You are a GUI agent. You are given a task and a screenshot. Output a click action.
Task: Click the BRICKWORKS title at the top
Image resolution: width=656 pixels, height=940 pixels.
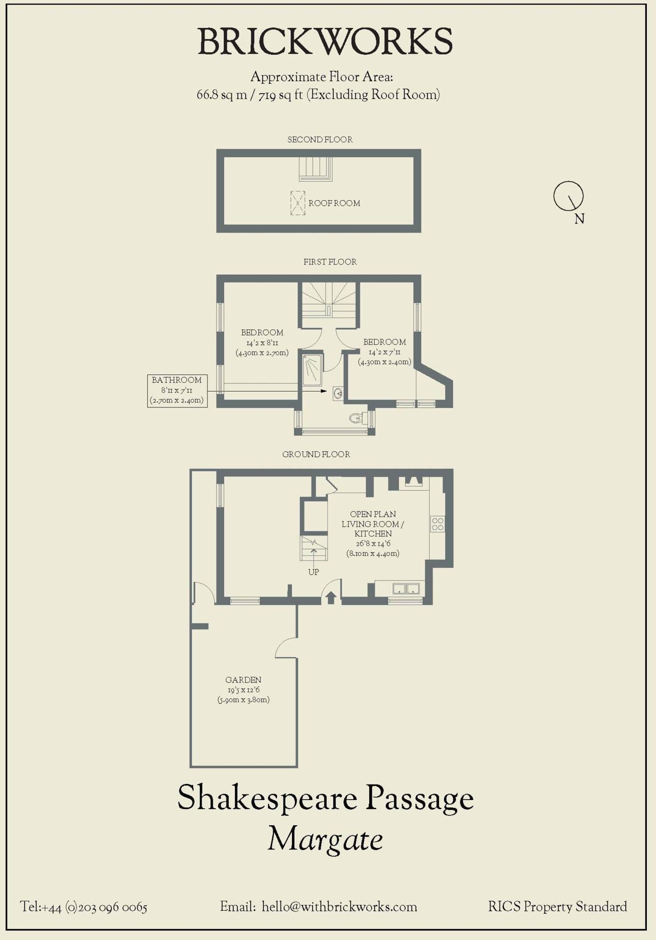(x=325, y=42)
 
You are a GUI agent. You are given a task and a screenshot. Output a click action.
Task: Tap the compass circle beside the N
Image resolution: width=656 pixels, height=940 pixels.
(x=568, y=196)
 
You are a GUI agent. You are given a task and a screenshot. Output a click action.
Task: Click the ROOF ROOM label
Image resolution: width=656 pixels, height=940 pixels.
(x=334, y=203)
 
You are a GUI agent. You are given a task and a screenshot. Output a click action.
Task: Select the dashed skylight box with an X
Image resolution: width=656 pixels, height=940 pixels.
(x=297, y=203)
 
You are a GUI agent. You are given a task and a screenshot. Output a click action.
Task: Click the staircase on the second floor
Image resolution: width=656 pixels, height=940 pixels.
(x=315, y=168)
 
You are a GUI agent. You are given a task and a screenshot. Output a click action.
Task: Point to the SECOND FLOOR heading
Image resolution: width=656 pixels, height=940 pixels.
(x=320, y=140)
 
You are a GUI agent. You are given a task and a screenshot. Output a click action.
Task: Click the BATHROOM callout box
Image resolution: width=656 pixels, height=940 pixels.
(x=177, y=390)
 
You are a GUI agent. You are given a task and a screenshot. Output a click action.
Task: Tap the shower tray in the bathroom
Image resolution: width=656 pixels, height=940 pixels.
(x=312, y=370)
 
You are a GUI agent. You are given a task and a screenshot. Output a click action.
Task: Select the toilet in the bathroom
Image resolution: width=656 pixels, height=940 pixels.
(x=356, y=418)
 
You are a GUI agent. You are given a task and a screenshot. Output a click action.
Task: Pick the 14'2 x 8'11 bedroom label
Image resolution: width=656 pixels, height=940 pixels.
(x=262, y=342)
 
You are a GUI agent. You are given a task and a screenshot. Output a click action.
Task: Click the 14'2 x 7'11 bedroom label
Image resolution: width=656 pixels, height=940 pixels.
(x=384, y=352)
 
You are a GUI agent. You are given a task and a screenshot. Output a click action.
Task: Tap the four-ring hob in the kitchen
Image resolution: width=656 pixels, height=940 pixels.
(x=437, y=524)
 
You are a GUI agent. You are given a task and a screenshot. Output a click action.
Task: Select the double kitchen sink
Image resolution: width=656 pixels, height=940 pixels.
(x=406, y=588)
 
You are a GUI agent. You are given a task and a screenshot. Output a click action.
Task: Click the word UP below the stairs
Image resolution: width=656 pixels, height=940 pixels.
(x=314, y=572)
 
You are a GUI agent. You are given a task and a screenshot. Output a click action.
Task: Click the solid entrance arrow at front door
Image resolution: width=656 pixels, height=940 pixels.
(x=331, y=598)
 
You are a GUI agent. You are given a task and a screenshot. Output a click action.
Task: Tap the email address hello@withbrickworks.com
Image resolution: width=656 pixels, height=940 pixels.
(x=339, y=907)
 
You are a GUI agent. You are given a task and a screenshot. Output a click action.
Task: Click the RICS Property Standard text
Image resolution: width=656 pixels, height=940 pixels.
(x=557, y=907)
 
